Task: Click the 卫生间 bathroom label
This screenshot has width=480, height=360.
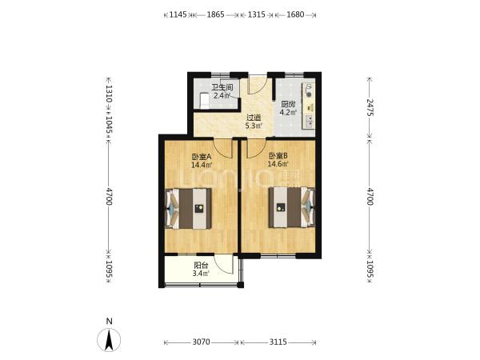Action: [x=222, y=87]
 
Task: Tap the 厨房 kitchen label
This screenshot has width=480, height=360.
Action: [x=288, y=104]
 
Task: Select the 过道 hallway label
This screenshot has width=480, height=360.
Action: [x=254, y=118]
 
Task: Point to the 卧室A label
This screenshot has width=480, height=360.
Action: [x=202, y=157]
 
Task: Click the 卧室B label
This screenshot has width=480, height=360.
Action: [x=278, y=156]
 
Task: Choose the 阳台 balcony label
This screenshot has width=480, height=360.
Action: [x=201, y=266]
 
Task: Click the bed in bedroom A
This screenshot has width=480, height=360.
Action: [x=189, y=209]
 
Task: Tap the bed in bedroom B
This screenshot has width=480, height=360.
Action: [x=292, y=207]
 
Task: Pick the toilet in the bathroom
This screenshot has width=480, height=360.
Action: [x=204, y=101]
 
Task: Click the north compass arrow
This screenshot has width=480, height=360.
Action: [x=109, y=340]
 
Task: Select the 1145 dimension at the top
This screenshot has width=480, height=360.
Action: [x=178, y=14]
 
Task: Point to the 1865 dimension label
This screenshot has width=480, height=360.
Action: [x=215, y=14]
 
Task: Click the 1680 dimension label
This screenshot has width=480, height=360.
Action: [x=295, y=14]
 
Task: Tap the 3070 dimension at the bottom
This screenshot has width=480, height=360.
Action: [x=201, y=342]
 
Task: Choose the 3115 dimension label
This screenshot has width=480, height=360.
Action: [x=278, y=342]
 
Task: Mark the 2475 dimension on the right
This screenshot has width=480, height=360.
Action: [x=370, y=107]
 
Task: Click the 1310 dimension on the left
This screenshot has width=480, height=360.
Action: [x=109, y=94]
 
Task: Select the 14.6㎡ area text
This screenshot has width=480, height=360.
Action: [x=278, y=164]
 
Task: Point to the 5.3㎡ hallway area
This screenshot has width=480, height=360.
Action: [x=254, y=126]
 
